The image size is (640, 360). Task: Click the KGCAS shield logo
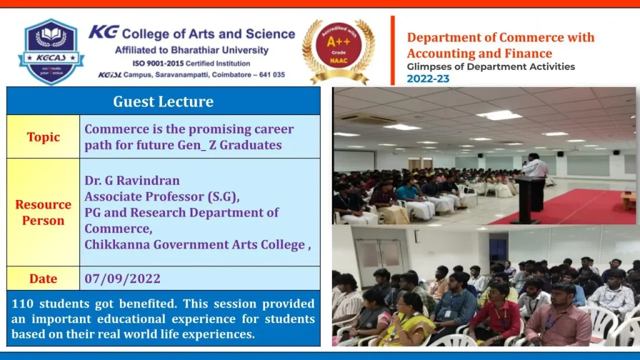pyautogui.click(x=51, y=51)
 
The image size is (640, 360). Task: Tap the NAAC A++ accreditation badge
pyautogui.click(x=338, y=51)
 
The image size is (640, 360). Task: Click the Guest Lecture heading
pyautogui.click(x=163, y=102)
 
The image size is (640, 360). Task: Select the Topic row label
pyautogui.click(x=43, y=137)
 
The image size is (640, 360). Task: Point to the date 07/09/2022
pyautogui.click(x=122, y=278)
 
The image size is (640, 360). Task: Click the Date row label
pyautogui.click(x=43, y=278)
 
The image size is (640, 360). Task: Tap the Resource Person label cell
pyautogui.click(x=43, y=212)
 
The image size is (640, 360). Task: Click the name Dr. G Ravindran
pyautogui.click(x=132, y=181)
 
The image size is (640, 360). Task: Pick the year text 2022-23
pyautogui.click(x=427, y=79)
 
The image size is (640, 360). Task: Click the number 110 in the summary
pyautogui.click(x=22, y=304)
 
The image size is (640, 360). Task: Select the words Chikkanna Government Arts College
pyautogui.click(x=195, y=244)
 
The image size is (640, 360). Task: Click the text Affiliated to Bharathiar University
pyautogui.click(x=192, y=50)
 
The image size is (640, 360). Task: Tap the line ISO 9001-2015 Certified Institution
pyautogui.click(x=191, y=64)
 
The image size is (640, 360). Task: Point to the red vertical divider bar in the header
pyautogui.click(x=392, y=50)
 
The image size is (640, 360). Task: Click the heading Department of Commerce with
pyautogui.click(x=501, y=37)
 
